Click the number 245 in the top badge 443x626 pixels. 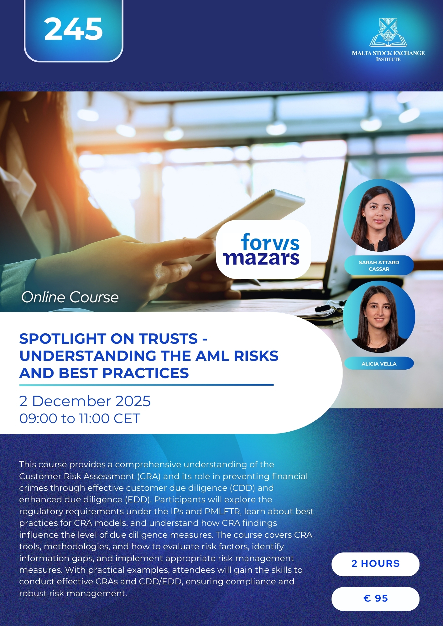(x=73, y=29)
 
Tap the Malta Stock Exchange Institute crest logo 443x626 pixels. (x=388, y=33)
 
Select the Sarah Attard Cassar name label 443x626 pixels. (x=379, y=266)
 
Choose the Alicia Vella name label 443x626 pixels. (x=379, y=364)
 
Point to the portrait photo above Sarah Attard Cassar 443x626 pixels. (x=379, y=216)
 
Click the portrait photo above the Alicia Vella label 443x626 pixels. (x=379, y=317)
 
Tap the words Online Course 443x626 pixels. (x=70, y=297)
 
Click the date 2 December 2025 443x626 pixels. (x=85, y=401)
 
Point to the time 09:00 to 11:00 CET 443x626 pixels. (x=80, y=418)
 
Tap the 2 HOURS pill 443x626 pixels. (x=375, y=564)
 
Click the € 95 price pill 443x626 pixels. (x=375, y=599)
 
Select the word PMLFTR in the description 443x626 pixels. (x=223, y=511)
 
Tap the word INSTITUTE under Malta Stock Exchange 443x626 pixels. (x=388, y=59)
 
